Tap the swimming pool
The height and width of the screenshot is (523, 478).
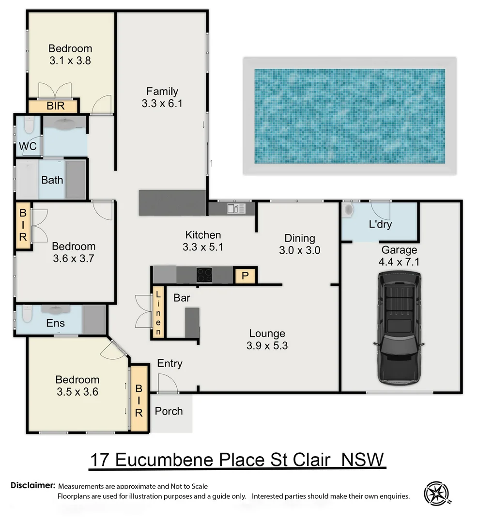(349, 116)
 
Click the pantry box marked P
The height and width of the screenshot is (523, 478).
(245, 276)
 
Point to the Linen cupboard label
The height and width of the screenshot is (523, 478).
(158, 312)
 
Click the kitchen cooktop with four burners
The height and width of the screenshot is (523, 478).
(204, 275)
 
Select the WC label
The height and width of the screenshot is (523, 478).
(28, 146)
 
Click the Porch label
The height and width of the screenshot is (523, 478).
(169, 411)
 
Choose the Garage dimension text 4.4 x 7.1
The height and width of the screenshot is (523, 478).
(399, 262)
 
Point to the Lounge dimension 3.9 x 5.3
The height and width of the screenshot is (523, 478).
(267, 346)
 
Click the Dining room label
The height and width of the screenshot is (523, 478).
(299, 238)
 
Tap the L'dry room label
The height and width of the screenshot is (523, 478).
(380, 224)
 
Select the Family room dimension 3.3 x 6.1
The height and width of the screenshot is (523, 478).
(162, 103)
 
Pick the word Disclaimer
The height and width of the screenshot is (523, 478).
(32, 485)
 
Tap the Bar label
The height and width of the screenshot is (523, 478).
(182, 298)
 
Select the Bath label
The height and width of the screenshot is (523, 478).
(52, 180)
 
